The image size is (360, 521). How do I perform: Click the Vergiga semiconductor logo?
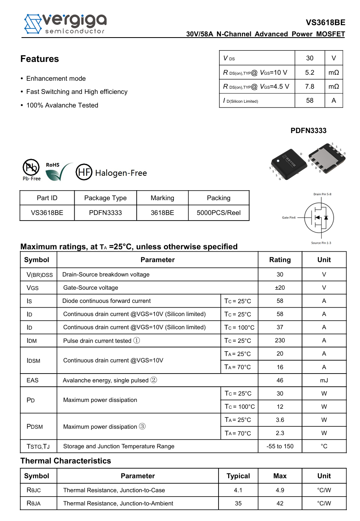coord(65,24)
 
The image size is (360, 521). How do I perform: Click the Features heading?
coord(40,59)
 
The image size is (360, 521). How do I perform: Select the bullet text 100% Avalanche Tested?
coord(62,105)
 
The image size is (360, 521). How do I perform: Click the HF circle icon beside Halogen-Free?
coord(84,173)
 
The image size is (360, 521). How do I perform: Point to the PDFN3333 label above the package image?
coord(308,131)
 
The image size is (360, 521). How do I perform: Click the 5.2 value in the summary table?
coord(310,72)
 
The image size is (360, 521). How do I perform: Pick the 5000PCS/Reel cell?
coord(219,213)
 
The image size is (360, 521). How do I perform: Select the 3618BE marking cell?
coord(162,213)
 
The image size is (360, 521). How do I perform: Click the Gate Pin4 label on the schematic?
coord(288,218)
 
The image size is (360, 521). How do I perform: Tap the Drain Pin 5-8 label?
coord(322,194)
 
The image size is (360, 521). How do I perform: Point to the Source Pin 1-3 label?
coord(321,243)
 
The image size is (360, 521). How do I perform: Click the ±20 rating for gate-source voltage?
coord(280,288)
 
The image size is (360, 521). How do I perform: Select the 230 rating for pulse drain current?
coord(280,340)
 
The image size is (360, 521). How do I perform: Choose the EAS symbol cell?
coord(33,380)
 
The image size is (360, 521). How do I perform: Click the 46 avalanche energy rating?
coord(280,380)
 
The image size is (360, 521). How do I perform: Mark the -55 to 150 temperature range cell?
coord(280,446)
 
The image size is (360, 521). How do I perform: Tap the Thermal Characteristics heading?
coord(66,461)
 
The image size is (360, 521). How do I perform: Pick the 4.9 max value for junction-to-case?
coord(280,490)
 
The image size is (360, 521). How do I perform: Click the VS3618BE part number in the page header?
coord(326,23)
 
